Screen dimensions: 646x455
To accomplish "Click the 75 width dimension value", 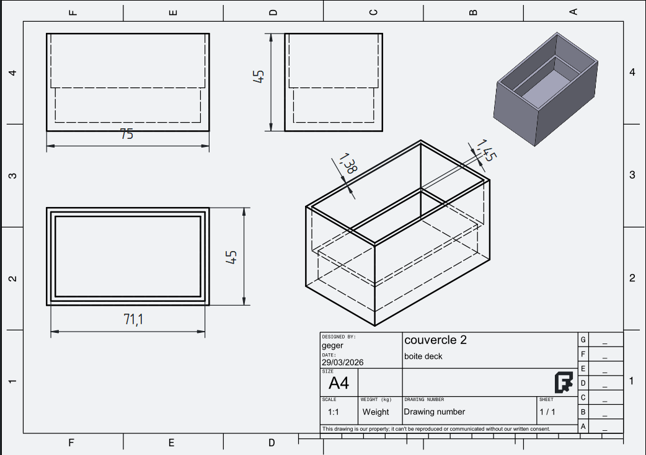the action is [x=127, y=135].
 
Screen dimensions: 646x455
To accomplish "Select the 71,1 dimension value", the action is [x=133, y=319].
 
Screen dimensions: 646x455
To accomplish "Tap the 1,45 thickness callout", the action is [x=487, y=150].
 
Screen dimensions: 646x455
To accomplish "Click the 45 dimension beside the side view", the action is [x=259, y=77].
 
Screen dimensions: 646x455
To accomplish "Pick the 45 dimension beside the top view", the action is [x=231, y=257].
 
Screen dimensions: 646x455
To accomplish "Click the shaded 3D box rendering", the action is [x=546, y=89].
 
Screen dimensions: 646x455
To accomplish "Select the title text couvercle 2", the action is [x=435, y=340].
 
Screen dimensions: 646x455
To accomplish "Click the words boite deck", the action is [x=423, y=356].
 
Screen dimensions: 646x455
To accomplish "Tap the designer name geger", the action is [x=332, y=345].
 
